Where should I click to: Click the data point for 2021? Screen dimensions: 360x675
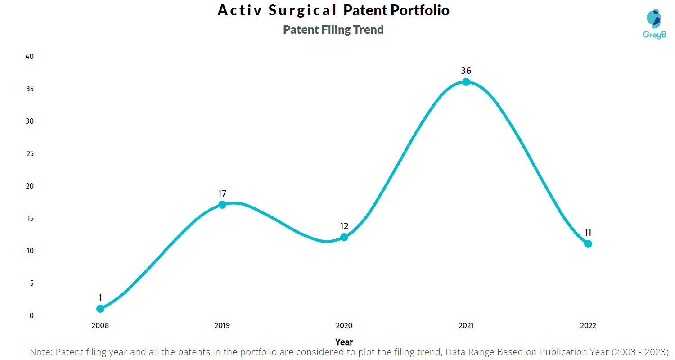[466, 82]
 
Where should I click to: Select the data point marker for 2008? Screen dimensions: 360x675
[100, 309]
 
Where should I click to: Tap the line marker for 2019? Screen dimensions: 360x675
[222, 205]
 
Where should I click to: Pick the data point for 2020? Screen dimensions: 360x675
[344, 237]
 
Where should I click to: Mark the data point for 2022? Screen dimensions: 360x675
[588, 244]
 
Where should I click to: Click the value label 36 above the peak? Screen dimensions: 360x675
[466, 71]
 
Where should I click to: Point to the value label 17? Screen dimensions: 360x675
[222, 193]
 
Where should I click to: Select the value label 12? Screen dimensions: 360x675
[344, 226]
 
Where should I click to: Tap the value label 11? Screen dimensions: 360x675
[588, 233]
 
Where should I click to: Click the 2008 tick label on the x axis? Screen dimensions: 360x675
[100, 326]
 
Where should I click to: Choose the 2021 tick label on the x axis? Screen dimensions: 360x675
[466, 326]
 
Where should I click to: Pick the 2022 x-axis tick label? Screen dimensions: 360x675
[588, 326]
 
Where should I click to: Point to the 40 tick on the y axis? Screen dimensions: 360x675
[30, 57]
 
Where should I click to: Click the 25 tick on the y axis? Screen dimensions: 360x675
[30, 154]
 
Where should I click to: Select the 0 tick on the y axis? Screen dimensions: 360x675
[31, 315]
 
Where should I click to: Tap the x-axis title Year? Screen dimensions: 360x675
[344, 342]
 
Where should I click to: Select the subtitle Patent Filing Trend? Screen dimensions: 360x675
[333, 30]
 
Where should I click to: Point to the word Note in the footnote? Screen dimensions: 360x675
[40, 352]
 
